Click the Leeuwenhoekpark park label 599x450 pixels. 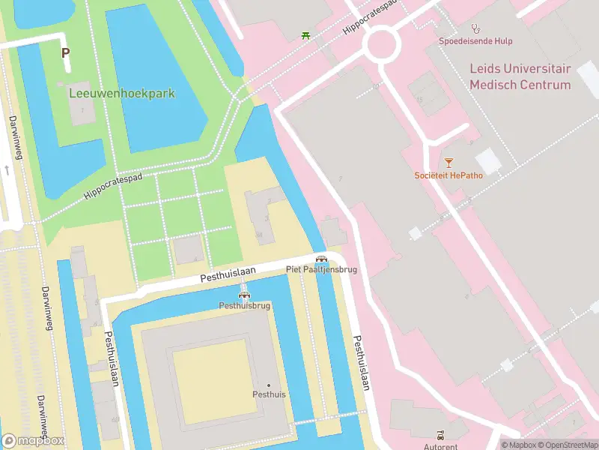point(122,94)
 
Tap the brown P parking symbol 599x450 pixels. point(65,53)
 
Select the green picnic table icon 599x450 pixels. point(305,35)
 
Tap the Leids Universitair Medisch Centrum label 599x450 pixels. point(520,76)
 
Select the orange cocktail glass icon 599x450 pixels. point(449,162)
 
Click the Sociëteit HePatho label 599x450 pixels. point(449,175)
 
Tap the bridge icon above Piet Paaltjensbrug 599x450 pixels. point(321,258)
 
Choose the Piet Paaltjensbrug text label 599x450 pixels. point(321,268)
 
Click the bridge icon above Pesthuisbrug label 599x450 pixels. point(243,295)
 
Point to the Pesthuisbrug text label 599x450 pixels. point(243,305)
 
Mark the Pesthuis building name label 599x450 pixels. point(269,394)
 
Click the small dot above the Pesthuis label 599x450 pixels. point(269,385)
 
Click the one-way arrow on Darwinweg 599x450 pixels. point(7,170)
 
